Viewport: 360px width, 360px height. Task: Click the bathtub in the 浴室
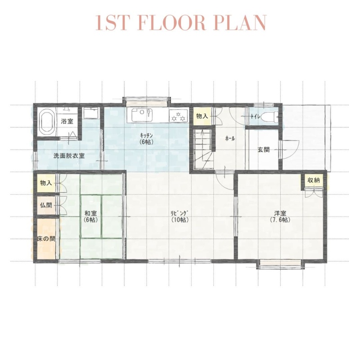click(x=47, y=121)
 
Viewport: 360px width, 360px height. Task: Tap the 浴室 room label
click(x=67, y=121)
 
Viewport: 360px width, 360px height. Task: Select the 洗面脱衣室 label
click(x=69, y=156)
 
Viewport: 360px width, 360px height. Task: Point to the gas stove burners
click(x=178, y=116)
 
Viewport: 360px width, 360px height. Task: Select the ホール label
click(x=230, y=139)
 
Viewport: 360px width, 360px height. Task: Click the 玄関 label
click(x=263, y=150)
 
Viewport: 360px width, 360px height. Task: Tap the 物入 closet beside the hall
click(x=202, y=116)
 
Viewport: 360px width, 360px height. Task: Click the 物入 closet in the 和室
click(x=46, y=183)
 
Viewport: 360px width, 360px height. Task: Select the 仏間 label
click(x=46, y=205)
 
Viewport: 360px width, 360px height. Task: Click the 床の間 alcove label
click(x=46, y=239)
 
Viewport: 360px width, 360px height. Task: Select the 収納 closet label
click(x=314, y=180)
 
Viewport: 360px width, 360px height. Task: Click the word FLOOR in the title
click(x=172, y=22)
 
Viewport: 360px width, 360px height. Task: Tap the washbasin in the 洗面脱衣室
click(x=91, y=113)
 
